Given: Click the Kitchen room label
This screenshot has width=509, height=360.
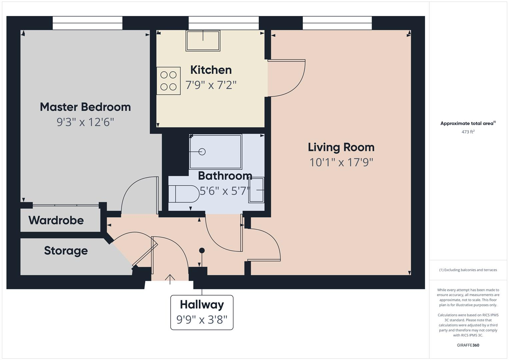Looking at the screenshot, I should (211, 70).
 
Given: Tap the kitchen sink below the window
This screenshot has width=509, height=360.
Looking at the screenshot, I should (203, 41).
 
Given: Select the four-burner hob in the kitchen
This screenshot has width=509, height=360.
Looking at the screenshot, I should (168, 81).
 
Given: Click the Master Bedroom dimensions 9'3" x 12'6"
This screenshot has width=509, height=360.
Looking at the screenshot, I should (85, 122).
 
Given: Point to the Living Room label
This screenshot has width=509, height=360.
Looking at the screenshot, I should (341, 147).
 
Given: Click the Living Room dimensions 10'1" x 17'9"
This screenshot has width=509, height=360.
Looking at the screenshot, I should (341, 163).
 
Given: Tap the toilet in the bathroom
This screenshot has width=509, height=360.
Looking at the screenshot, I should (183, 194).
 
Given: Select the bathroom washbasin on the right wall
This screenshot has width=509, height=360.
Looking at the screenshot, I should (256, 190).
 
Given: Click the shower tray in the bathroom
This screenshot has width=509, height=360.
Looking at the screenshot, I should (215, 152).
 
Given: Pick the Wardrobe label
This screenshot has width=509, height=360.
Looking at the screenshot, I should (56, 220).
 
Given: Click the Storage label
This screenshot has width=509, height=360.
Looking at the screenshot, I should (66, 251).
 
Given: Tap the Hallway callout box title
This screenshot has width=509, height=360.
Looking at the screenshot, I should (202, 305).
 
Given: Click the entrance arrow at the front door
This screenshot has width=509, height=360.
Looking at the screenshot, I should (170, 279).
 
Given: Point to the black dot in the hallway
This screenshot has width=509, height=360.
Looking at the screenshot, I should (202, 250).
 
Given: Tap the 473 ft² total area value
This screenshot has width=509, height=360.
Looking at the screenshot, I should (468, 132).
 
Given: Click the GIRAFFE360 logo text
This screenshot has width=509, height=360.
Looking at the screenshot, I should (468, 345).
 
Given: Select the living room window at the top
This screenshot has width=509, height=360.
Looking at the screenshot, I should (337, 23).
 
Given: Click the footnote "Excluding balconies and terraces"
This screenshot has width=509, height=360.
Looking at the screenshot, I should (468, 270).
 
